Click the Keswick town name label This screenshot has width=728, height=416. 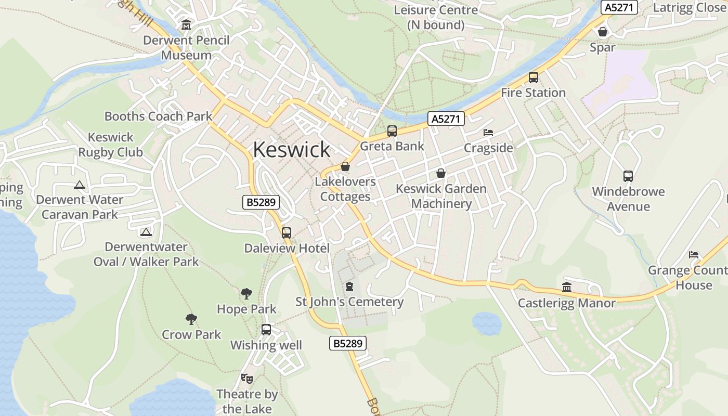(x=291, y=150)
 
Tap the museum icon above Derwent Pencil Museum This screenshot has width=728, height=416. (x=186, y=24)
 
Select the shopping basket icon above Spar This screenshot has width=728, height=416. (x=603, y=32)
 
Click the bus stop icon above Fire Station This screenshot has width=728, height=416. (x=533, y=77)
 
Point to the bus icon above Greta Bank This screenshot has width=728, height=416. (x=392, y=131)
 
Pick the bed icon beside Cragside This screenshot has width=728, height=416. (x=488, y=133)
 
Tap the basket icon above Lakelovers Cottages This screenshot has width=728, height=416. (x=345, y=166)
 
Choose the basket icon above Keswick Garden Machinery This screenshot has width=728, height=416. (x=441, y=173)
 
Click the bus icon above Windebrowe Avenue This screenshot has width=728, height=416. (x=628, y=176)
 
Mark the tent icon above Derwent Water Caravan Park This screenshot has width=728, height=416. (x=80, y=185)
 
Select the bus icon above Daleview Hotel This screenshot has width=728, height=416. (x=287, y=233)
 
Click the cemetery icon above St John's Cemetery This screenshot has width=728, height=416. (x=349, y=287)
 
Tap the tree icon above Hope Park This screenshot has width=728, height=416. (x=246, y=294)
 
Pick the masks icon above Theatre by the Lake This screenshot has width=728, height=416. (x=246, y=379)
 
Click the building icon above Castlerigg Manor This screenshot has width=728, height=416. (x=567, y=287)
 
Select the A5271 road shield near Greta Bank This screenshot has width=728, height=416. (x=446, y=119)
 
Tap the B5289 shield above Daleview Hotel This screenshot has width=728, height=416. (x=261, y=202)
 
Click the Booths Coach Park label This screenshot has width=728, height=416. (x=159, y=116)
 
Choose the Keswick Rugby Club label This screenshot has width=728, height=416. (x=110, y=145)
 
